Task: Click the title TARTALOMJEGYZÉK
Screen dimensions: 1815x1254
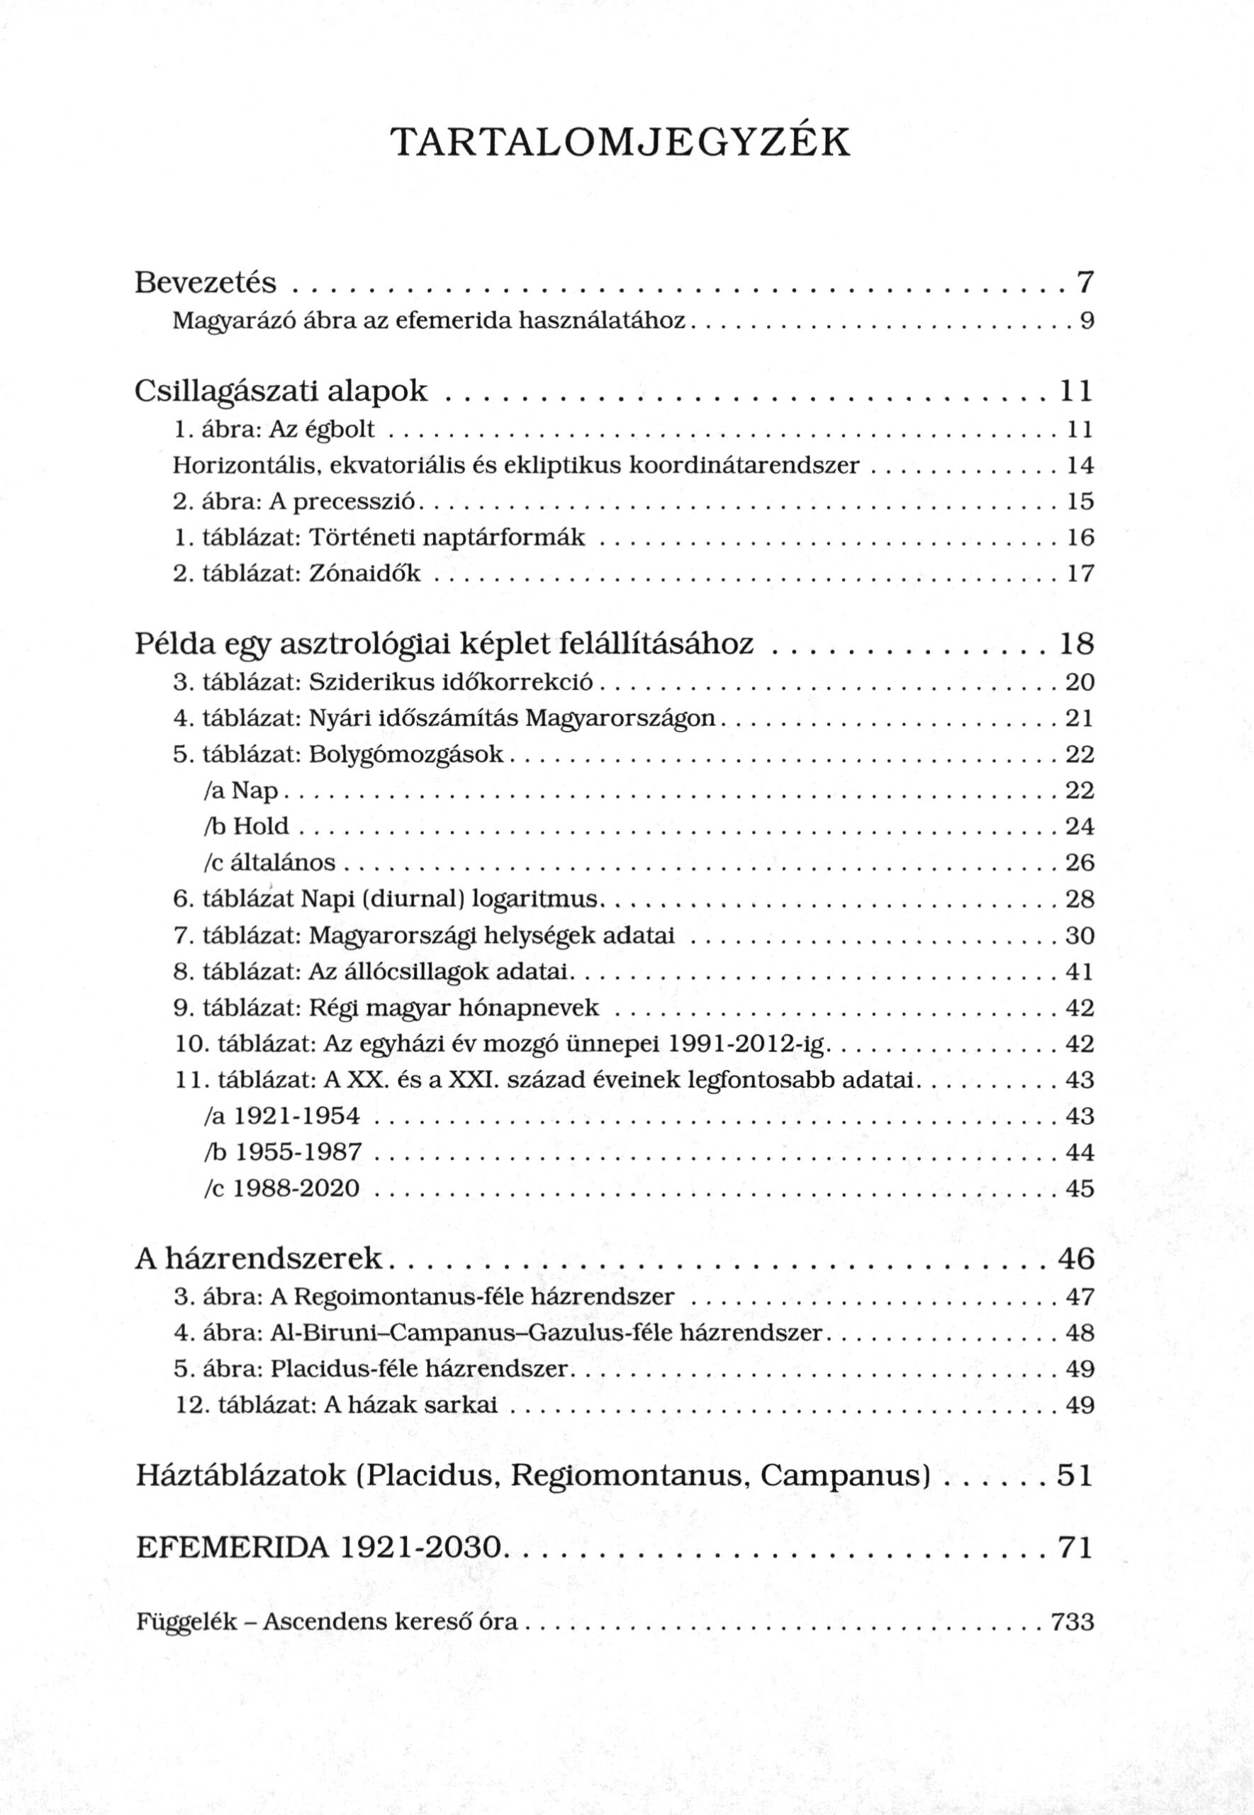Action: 620,143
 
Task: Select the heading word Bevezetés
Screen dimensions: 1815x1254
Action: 206,281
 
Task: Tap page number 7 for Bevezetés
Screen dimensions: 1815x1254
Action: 1085,281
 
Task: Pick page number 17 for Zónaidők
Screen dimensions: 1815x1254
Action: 1080,574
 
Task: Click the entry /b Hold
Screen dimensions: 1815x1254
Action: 246,826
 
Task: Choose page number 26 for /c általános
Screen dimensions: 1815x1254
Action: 1080,863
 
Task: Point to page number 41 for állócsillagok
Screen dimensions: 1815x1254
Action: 1080,972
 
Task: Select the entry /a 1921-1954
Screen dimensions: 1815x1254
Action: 281,1117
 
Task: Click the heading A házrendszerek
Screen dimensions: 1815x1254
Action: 259,1258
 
